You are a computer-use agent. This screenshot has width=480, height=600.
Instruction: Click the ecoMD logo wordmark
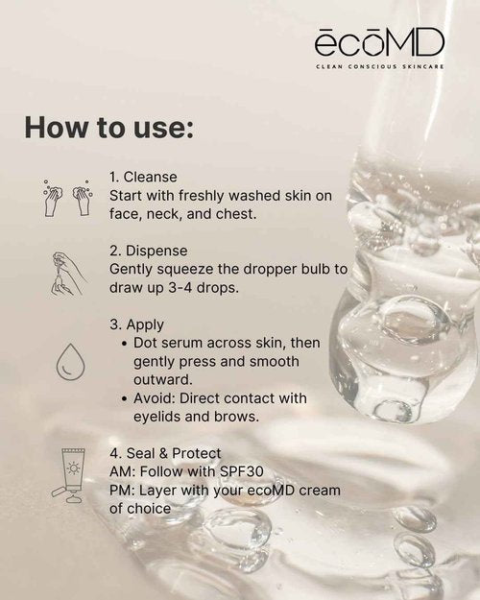pos(379,42)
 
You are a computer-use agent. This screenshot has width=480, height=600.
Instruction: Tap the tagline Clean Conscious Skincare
pos(380,66)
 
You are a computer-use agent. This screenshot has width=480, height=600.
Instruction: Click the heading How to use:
pos(109,127)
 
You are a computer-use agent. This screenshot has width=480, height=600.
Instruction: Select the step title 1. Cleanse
pos(143,177)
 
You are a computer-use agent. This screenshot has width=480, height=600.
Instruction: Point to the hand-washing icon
pos(68,198)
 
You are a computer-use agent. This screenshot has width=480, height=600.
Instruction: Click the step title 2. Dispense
pos(149,251)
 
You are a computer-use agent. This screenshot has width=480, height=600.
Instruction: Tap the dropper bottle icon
pos(68,274)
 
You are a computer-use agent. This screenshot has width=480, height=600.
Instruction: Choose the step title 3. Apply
pos(136,324)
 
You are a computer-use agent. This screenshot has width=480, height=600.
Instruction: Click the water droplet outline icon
pos(71,362)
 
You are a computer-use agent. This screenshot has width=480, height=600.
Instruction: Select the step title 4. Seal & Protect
pos(165,453)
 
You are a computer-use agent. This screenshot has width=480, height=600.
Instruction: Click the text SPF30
pos(242,471)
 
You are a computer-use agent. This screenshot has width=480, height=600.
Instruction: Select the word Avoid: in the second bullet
pos(155,398)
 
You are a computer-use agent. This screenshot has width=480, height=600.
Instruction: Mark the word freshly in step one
pos(202,196)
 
